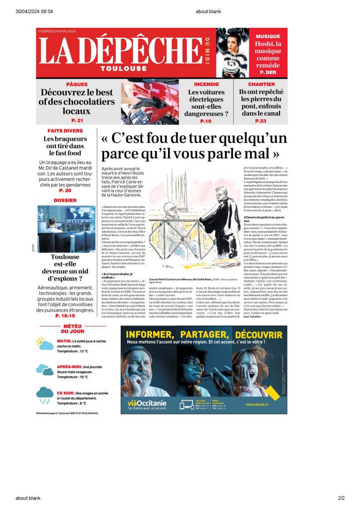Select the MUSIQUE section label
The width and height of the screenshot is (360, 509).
click(269, 37)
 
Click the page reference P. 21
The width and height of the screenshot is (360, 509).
click(77, 121)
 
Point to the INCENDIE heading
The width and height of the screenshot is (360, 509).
click(206, 85)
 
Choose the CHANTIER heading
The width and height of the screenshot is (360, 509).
click(261, 85)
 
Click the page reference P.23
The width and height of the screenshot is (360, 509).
click(261, 121)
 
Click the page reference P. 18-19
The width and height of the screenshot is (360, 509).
click(65, 315)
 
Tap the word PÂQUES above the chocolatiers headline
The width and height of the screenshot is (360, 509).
click(77, 85)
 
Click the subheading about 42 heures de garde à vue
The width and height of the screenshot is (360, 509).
click(264, 218)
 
